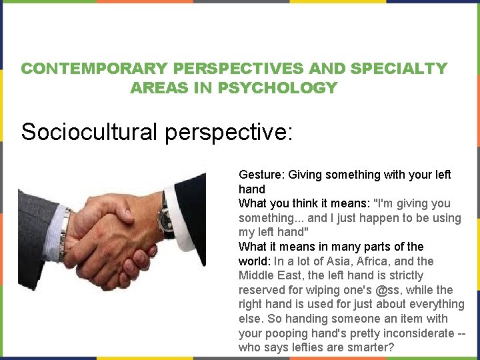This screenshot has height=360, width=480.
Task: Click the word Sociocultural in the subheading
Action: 91,131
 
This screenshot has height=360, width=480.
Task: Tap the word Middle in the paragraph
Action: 256,275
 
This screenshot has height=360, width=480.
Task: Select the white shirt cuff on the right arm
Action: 176,212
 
